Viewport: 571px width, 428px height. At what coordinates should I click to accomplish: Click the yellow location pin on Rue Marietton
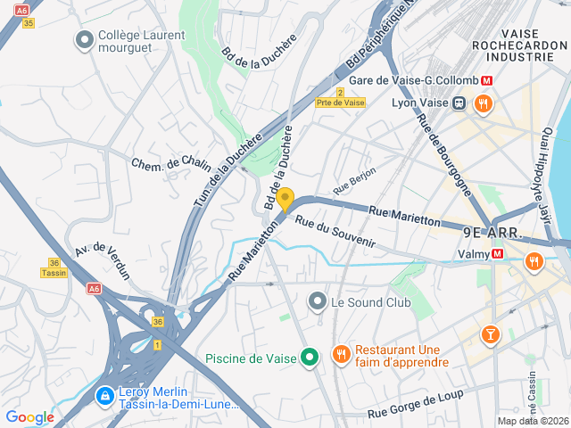click(x=285, y=199)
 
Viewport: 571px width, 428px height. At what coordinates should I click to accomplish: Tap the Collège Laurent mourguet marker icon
click(x=85, y=40)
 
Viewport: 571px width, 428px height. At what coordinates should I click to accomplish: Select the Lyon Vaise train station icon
click(x=459, y=103)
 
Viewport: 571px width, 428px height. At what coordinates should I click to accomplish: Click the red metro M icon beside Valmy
click(x=498, y=253)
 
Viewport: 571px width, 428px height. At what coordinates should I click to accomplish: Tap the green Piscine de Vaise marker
click(x=310, y=358)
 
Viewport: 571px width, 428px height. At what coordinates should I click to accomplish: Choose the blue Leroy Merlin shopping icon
click(x=104, y=393)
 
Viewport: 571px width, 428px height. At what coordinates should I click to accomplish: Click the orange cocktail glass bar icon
click(x=489, y=334)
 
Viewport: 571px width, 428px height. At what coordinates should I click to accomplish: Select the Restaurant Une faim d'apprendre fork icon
click(x=341, y=355)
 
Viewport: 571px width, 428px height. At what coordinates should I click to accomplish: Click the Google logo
click(x=29, y=417)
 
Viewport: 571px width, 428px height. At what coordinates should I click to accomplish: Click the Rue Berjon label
click(x=354, y=180)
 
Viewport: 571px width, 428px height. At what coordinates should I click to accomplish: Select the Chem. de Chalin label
click(x=170, y=163)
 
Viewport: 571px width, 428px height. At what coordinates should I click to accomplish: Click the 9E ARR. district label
click(x=492, y=232)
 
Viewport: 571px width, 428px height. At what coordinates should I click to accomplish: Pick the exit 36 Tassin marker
click(x=54, y=268)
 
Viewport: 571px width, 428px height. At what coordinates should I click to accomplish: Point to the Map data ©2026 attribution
click(x=533, y=421)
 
